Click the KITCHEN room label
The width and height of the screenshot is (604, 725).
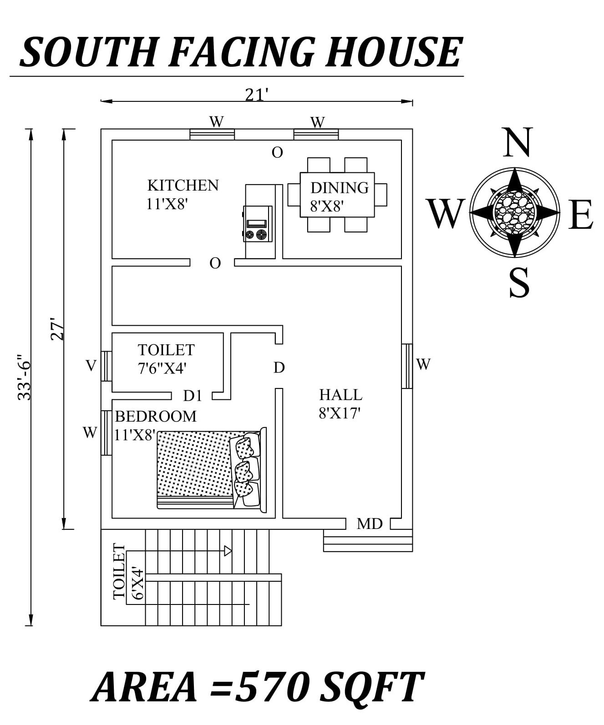(x=183, y=186)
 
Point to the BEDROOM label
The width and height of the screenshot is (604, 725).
(x=156, y=416)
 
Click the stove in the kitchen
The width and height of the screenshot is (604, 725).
(x=258, y=224)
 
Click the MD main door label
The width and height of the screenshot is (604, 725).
(x=370, y=524)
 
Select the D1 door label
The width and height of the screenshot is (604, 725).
(x=193, y=396)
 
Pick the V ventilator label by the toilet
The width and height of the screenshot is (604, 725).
(x=91, y=365)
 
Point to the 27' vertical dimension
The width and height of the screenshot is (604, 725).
(x=58, y=329)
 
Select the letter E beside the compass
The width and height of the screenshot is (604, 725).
(x=581, y=215)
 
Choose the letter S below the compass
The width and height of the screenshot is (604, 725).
(x=519, y=282)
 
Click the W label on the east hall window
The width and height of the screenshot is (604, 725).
(x=423, y=364)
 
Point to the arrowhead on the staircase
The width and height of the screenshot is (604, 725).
(x=228, y=551)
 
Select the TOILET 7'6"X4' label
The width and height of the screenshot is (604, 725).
(x=166, y=359)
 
